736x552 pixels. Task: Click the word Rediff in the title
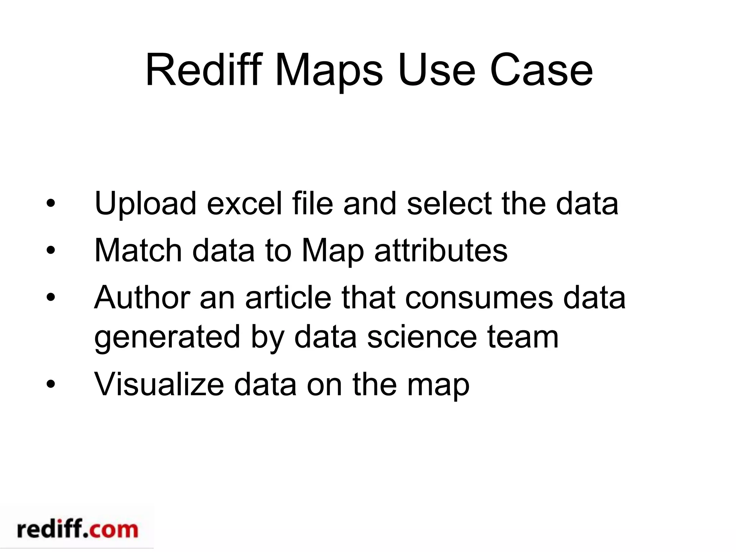[x=203, y=70]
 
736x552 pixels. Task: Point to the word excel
[x=244, y=204]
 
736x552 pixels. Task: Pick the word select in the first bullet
[x=449, y=204]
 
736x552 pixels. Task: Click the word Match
[x=138, y=250]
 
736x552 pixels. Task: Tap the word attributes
[x=441, y=250]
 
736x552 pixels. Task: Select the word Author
[x=142, y=298]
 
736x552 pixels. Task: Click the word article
[x=288, y=298]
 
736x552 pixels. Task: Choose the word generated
[x=167, y=338]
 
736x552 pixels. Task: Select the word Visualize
[x=159, y=384]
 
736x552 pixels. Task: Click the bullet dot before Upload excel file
[x=51, y=204]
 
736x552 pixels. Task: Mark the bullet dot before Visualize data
[x=51, y=384]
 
